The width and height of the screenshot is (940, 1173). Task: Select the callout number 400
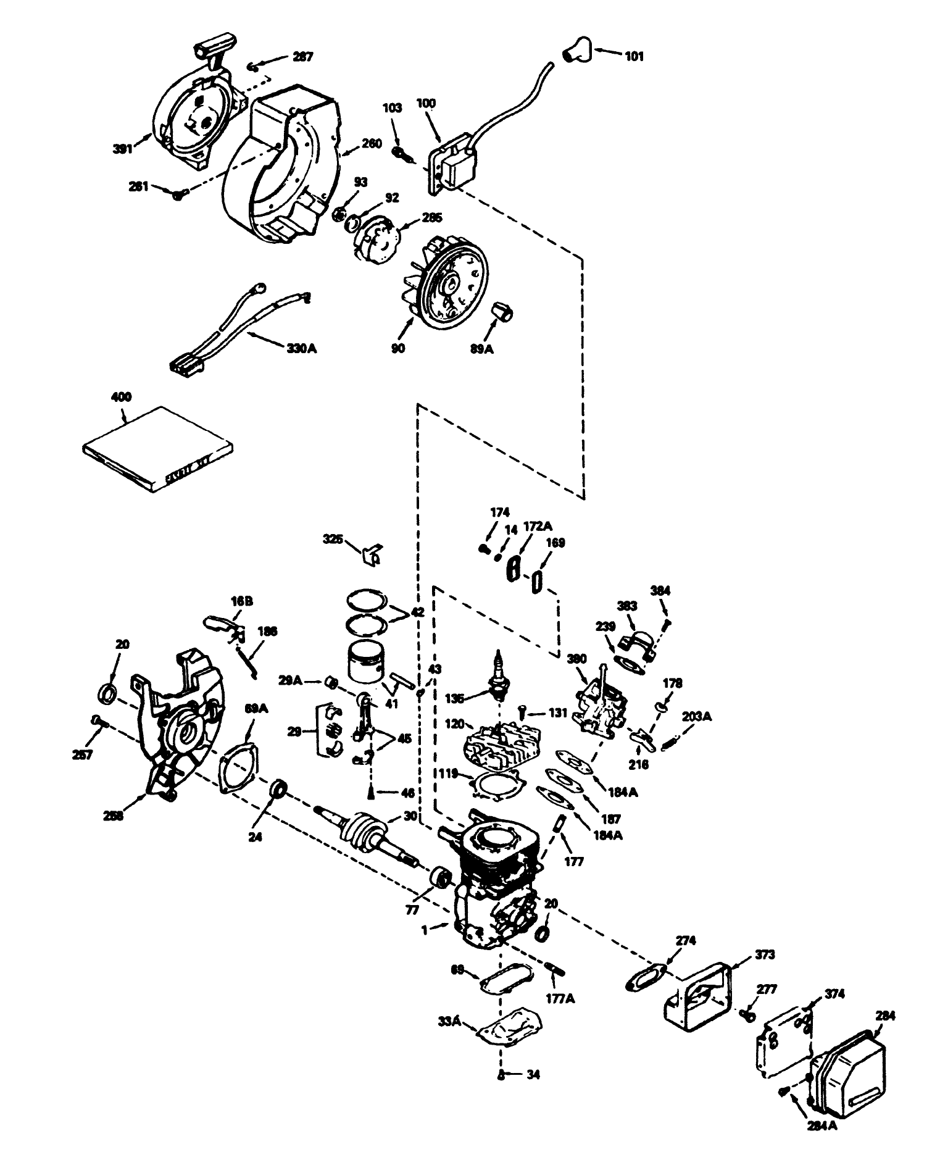pyautogui.click(x=121, y=397)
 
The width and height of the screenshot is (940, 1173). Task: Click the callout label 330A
pyautogui.click(x=302, y=348)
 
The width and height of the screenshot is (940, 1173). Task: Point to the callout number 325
pyautogui.click(x=333, y=539)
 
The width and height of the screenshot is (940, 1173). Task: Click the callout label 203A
pyautogui.click(x=697, y=717)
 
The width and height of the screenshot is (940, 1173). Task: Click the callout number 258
pyautogui.click(x=113, y=816)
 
